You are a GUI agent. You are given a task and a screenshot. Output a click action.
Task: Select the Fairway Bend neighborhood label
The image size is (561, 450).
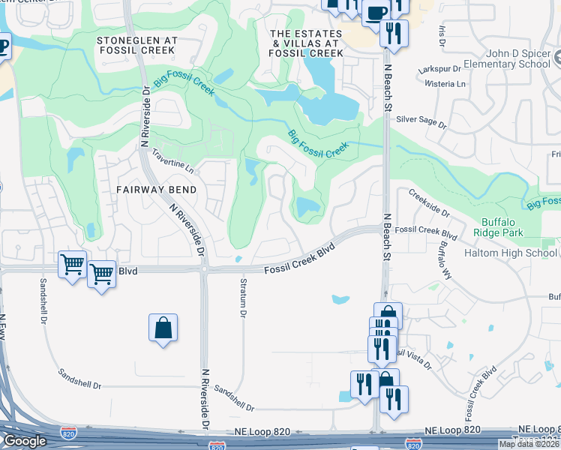click(x=156, y=190)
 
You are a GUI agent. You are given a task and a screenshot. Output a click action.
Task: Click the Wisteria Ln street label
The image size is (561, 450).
click(x=445, y=84)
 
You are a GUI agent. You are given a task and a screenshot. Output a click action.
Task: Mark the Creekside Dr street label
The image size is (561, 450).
click(x=429, y=202)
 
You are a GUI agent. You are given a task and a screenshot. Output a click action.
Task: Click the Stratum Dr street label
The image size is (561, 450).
click(x=243, y=298)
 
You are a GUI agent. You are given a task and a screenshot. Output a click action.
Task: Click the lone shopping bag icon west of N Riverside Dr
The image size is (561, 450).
click(x=163, y=328)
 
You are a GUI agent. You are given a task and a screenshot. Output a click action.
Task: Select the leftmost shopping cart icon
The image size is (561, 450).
click(x=72, y=264)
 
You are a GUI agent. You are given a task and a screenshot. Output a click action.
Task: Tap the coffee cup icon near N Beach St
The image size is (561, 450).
click(x=375, y=12)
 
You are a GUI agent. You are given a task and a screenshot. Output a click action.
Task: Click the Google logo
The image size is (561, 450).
click(x=24, y=441)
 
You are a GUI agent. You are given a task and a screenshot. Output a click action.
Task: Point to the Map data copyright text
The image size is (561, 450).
click(x=528, y=444)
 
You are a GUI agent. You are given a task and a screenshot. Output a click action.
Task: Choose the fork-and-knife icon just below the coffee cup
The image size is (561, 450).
click(x=394, y=32)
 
